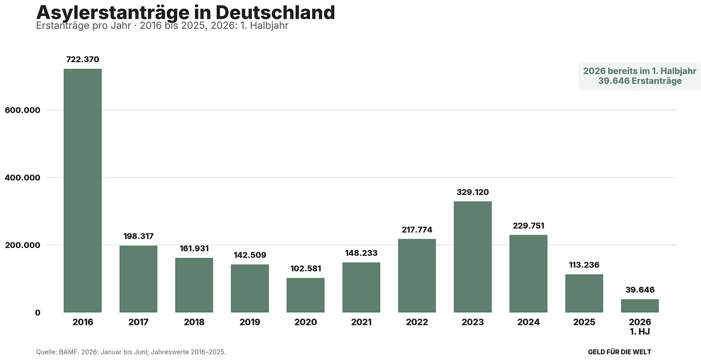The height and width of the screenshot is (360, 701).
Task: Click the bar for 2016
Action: tap(83, 191)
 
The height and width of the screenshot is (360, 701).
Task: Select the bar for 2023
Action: tap(473, 257)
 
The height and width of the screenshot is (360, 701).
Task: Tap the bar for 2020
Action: tap(305, 295)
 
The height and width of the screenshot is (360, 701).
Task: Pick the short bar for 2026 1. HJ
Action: tap(640, 306)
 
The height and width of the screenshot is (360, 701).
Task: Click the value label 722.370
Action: tap(83, 59)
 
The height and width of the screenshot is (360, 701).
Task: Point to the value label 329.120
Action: tap(473, 192)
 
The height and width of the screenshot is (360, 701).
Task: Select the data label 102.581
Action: tap(305, 269)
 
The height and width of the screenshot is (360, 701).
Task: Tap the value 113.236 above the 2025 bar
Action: tap(584, 265)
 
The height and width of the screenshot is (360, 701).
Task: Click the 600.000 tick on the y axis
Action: tap(23, 110)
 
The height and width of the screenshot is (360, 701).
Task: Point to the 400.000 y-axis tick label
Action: tap(23, 178)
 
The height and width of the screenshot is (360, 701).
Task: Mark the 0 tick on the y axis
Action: tap(38, 312)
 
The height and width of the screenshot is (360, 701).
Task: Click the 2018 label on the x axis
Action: tap(194, 322)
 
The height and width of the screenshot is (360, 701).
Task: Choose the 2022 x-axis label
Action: tap(417, 322)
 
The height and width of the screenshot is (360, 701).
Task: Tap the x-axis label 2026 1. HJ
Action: tap(640, 326)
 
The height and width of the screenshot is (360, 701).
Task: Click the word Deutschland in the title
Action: tap(275, 13)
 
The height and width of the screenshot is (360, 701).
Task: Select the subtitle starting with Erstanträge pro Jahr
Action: tap(162, 26)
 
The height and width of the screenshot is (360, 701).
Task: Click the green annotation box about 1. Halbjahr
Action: tap(640, 77)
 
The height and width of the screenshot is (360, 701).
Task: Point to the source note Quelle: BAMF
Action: tap(131, 352)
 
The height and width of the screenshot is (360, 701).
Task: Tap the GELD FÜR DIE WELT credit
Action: tap(619, 352)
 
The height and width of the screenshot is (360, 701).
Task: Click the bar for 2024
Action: tap(528, 274)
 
